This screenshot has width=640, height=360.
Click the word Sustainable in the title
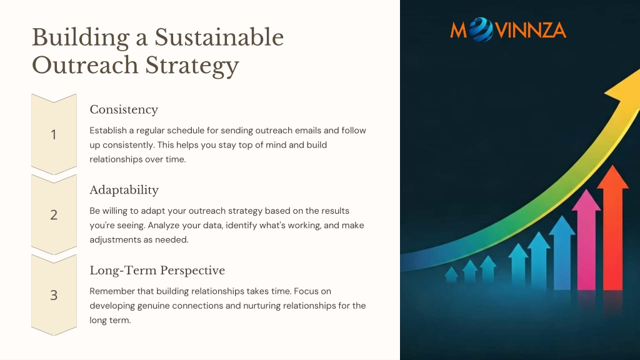coord(219,37)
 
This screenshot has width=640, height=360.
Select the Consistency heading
coord(124,110)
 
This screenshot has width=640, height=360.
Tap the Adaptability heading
coord(124,190)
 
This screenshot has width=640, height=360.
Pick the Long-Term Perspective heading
coord(157,270)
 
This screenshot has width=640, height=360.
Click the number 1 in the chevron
coord(54,135)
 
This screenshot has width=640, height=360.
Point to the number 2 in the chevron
coord(54,215)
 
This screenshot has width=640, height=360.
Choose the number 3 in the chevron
coord(54,295)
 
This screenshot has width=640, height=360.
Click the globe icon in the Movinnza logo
coord(481,30)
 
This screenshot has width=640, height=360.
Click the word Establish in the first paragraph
coord(108,131)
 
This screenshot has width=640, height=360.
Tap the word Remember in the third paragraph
coord(110,291)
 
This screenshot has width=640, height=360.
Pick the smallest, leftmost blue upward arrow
coord(451,274)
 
